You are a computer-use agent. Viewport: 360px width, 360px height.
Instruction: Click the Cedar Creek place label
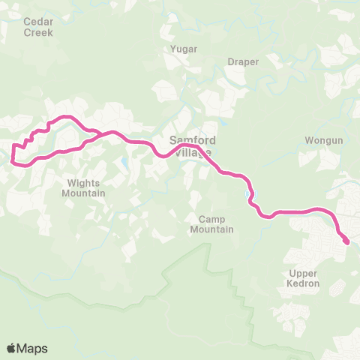38,27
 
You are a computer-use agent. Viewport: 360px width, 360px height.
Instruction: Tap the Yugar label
184,49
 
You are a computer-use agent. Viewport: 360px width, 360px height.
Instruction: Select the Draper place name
243,61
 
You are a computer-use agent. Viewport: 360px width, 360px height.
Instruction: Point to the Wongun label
323,140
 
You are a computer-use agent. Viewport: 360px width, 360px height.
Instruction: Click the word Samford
193,140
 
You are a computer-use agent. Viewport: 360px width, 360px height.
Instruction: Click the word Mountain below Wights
84,193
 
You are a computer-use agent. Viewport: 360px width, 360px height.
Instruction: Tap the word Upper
304,273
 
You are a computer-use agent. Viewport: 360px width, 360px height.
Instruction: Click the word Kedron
304,283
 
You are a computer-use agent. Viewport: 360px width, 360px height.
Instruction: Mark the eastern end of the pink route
346,241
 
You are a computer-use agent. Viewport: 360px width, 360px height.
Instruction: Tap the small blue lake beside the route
248,196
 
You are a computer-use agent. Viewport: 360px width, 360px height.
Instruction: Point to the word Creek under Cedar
38,32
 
